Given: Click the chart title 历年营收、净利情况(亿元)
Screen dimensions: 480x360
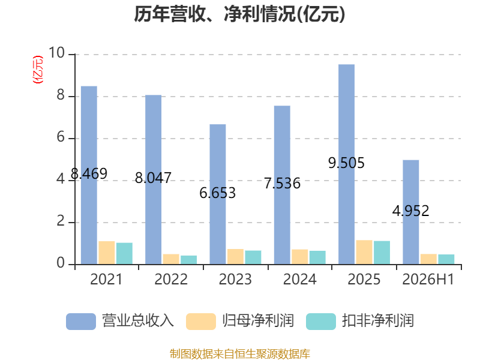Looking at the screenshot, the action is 239,14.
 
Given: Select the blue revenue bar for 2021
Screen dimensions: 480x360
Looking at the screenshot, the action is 89,175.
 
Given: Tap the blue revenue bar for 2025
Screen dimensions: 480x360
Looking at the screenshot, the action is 347,164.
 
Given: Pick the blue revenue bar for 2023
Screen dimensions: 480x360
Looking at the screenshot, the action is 218,194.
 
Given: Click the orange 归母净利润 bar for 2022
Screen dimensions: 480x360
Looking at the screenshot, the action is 171,259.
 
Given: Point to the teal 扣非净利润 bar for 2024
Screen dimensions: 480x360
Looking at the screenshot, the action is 317,257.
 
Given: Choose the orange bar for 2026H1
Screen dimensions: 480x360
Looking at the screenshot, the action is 428,259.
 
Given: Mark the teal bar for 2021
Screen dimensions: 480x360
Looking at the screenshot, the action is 124,253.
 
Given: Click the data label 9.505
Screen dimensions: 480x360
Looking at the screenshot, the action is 346,163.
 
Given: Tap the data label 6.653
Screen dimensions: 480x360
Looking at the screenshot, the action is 218,193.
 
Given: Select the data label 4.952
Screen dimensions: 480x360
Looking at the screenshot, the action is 411,211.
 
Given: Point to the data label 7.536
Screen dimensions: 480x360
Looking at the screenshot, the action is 282,184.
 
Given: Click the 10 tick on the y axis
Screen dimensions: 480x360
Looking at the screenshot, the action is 56,53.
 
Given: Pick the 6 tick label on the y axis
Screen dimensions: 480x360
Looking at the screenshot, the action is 61,137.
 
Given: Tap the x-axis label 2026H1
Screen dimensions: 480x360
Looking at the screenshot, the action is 428,279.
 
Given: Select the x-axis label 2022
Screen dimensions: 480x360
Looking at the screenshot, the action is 171,279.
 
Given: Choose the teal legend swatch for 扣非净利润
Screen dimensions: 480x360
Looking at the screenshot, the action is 321,322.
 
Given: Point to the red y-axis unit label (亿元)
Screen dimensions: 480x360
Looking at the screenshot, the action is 38,70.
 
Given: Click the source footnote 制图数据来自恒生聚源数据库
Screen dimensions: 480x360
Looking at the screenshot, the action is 239,354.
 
